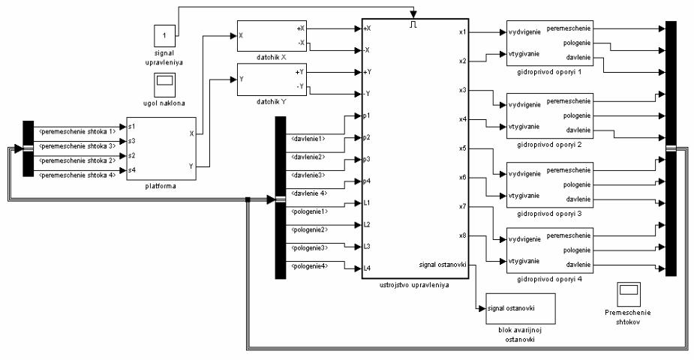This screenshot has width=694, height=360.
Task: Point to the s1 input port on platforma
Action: (132, 127)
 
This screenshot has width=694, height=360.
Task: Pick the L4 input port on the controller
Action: (368, 268)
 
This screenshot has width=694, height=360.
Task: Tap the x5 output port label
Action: (462, 148)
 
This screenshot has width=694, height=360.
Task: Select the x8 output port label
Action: (462, 236)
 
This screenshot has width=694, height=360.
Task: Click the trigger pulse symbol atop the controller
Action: (413, 24)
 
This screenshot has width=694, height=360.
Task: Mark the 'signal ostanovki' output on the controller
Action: (443, 264)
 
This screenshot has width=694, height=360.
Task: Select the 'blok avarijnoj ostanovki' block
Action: (520, 308)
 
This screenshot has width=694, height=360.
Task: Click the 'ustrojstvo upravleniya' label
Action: (415, 286)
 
